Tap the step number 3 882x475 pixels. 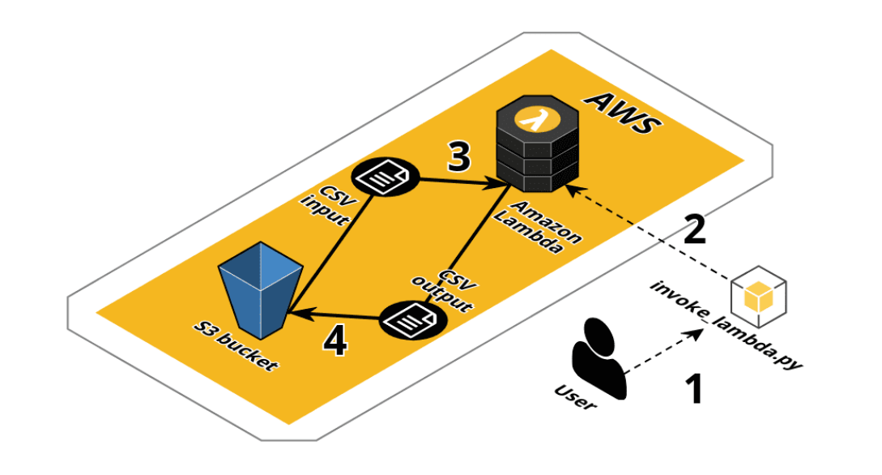pos(458,157)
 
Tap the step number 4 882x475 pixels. pos(334,341)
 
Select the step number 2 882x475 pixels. pos(694,230)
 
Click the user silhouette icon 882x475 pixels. pos(600,357)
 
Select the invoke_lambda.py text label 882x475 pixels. pos(726,325)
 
